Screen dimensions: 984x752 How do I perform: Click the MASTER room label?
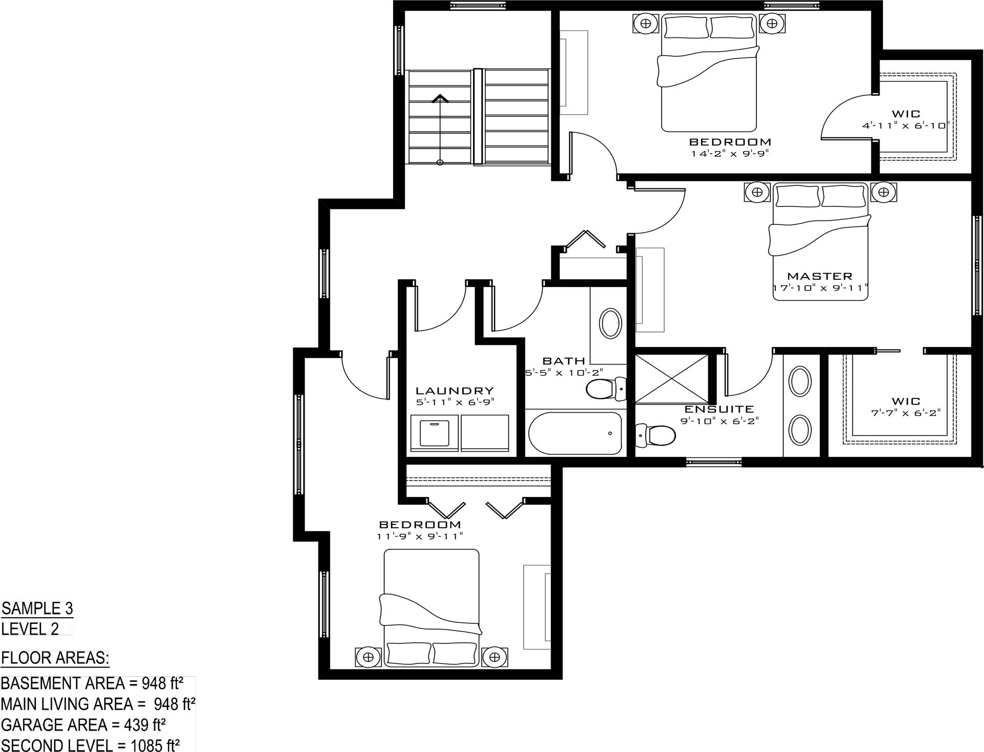coord(819,276)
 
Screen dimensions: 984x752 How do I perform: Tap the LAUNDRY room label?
coord(455,391)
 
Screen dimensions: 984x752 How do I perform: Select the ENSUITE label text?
coord(720,409)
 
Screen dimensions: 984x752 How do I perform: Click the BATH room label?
coord(564,361)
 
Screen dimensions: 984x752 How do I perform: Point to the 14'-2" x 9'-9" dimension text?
coord(730,153)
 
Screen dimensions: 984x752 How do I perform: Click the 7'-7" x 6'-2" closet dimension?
coord(906,413)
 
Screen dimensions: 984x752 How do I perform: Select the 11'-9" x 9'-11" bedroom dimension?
coord(420,536)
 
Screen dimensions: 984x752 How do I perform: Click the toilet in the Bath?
coord(606,389)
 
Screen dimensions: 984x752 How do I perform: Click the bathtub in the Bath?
coord(575,433)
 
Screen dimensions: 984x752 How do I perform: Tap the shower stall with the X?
coord(672,379)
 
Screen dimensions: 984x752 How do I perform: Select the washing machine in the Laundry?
coord(435,433)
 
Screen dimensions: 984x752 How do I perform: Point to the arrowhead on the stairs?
coord(440,98)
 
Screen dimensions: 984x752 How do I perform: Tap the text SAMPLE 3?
coord(37,609)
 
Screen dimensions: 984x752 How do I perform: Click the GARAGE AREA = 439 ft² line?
coord(83,725)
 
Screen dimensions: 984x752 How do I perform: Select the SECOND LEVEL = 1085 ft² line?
coord(90,745)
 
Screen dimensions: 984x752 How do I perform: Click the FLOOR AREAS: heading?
coord(55,658)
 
